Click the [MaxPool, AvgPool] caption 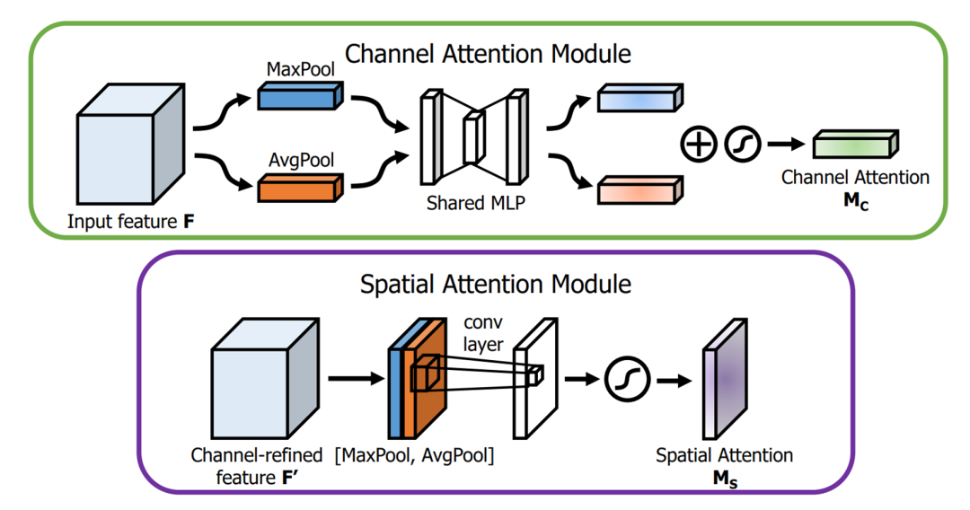[x=414, y=455]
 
